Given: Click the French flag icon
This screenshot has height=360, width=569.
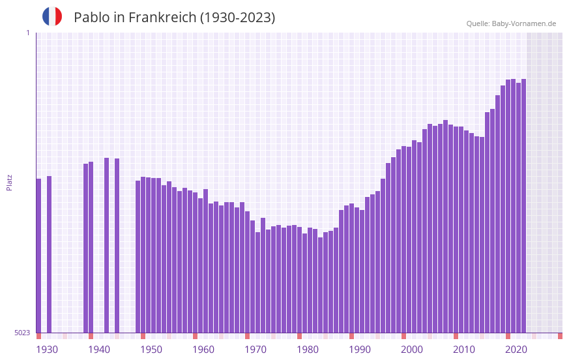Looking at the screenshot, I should [52, 16].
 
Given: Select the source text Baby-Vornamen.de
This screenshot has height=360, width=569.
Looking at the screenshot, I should [523, 23].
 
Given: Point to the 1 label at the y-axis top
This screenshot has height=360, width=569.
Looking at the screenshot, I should [27, 33].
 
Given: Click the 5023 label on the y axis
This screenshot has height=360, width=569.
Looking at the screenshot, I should [23, 333].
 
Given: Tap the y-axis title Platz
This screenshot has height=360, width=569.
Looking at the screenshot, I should [9, 182].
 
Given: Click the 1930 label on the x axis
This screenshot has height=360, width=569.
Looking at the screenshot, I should [47, 350].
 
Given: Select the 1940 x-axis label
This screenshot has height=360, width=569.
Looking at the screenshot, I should [99, 350].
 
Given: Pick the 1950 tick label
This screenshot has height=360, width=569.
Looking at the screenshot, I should [151, 350].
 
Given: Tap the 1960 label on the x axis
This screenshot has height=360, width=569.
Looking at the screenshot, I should [203, 350].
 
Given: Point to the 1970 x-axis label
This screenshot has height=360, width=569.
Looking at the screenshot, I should [255, 350].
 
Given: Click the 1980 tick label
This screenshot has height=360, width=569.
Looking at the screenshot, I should [308, 350].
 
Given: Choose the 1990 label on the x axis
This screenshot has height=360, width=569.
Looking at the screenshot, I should [360, 350].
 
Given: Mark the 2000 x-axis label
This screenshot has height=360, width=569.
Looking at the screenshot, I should [412, 350].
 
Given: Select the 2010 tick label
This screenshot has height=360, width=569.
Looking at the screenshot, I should [464, 350].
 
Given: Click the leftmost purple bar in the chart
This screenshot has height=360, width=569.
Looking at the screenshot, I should [38, 255].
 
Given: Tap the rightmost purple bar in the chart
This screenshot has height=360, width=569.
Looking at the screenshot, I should [523, 205].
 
